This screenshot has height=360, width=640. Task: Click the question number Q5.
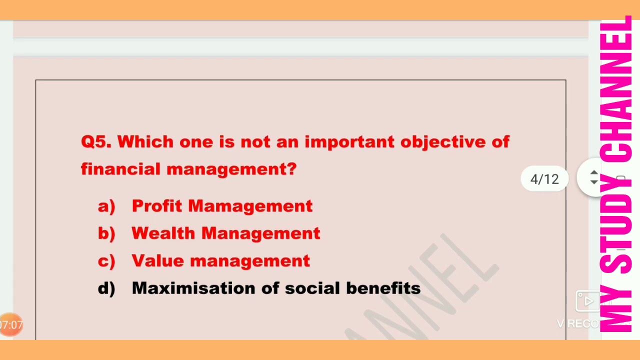96,142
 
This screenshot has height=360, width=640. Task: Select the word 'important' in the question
349,142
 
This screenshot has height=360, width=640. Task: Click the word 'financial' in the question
120,169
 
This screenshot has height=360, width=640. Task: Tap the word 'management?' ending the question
231,169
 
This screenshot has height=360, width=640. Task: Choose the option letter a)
106,206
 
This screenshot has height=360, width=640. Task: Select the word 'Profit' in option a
156,206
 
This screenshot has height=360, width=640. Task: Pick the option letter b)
106,233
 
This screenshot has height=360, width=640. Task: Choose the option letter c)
106,261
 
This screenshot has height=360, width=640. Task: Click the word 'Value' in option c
157,261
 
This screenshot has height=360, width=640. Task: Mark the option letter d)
106,288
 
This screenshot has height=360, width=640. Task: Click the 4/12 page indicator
544,179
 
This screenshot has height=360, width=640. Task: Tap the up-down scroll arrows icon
594,177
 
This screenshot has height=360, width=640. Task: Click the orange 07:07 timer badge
10,325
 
